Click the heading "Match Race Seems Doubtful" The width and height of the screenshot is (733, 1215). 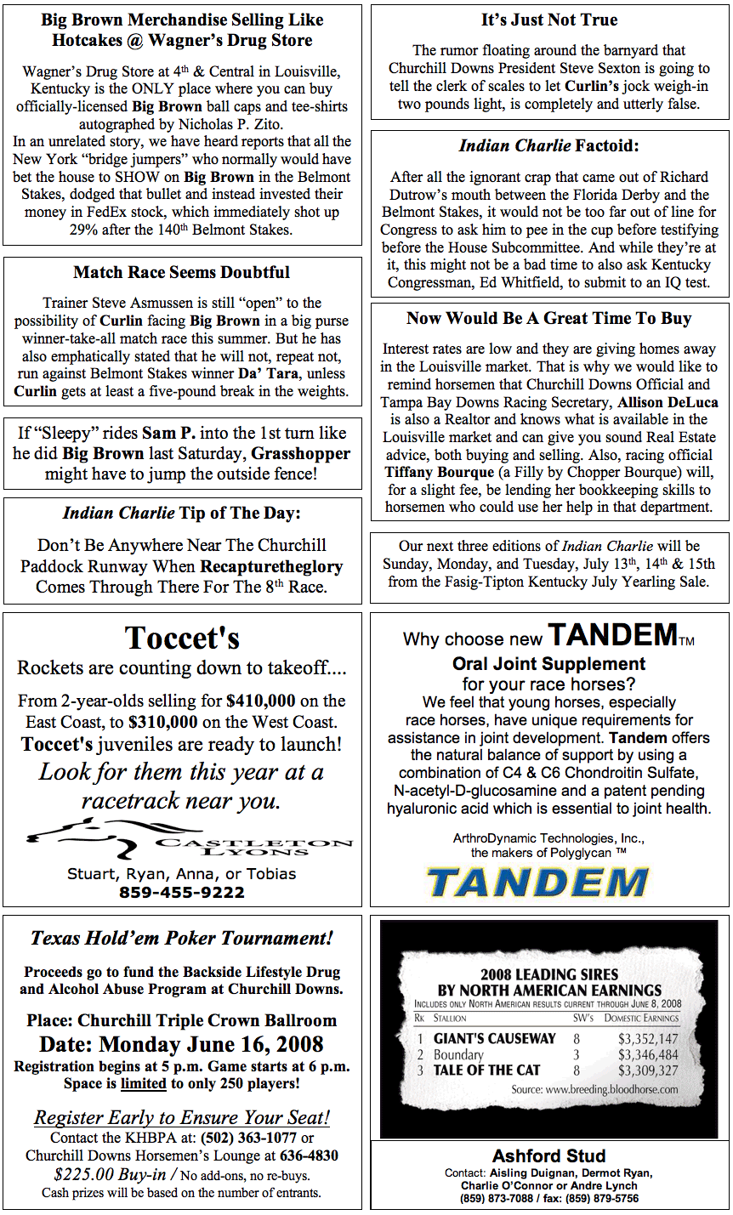(181, 273)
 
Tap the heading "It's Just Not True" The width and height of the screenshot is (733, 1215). (549, 20)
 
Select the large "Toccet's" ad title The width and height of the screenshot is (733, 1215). (182, 638)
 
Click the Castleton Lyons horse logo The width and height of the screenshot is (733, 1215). (81, 837)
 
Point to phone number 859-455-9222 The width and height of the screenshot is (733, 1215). (182, 892)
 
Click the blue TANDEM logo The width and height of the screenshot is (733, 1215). (537, 882)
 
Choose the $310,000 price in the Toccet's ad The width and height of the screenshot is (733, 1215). (163, 723)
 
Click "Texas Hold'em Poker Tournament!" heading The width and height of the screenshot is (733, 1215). (182, 939)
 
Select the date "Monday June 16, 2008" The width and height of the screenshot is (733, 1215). (211, 1044)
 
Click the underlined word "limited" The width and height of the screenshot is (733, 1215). (143, 1084)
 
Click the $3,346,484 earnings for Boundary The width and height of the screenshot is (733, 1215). (648, 1055)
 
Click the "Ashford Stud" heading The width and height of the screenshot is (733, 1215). (549, 1155)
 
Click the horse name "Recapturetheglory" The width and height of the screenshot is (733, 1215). (271, 566)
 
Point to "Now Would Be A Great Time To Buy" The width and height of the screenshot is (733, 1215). (549, 319)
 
